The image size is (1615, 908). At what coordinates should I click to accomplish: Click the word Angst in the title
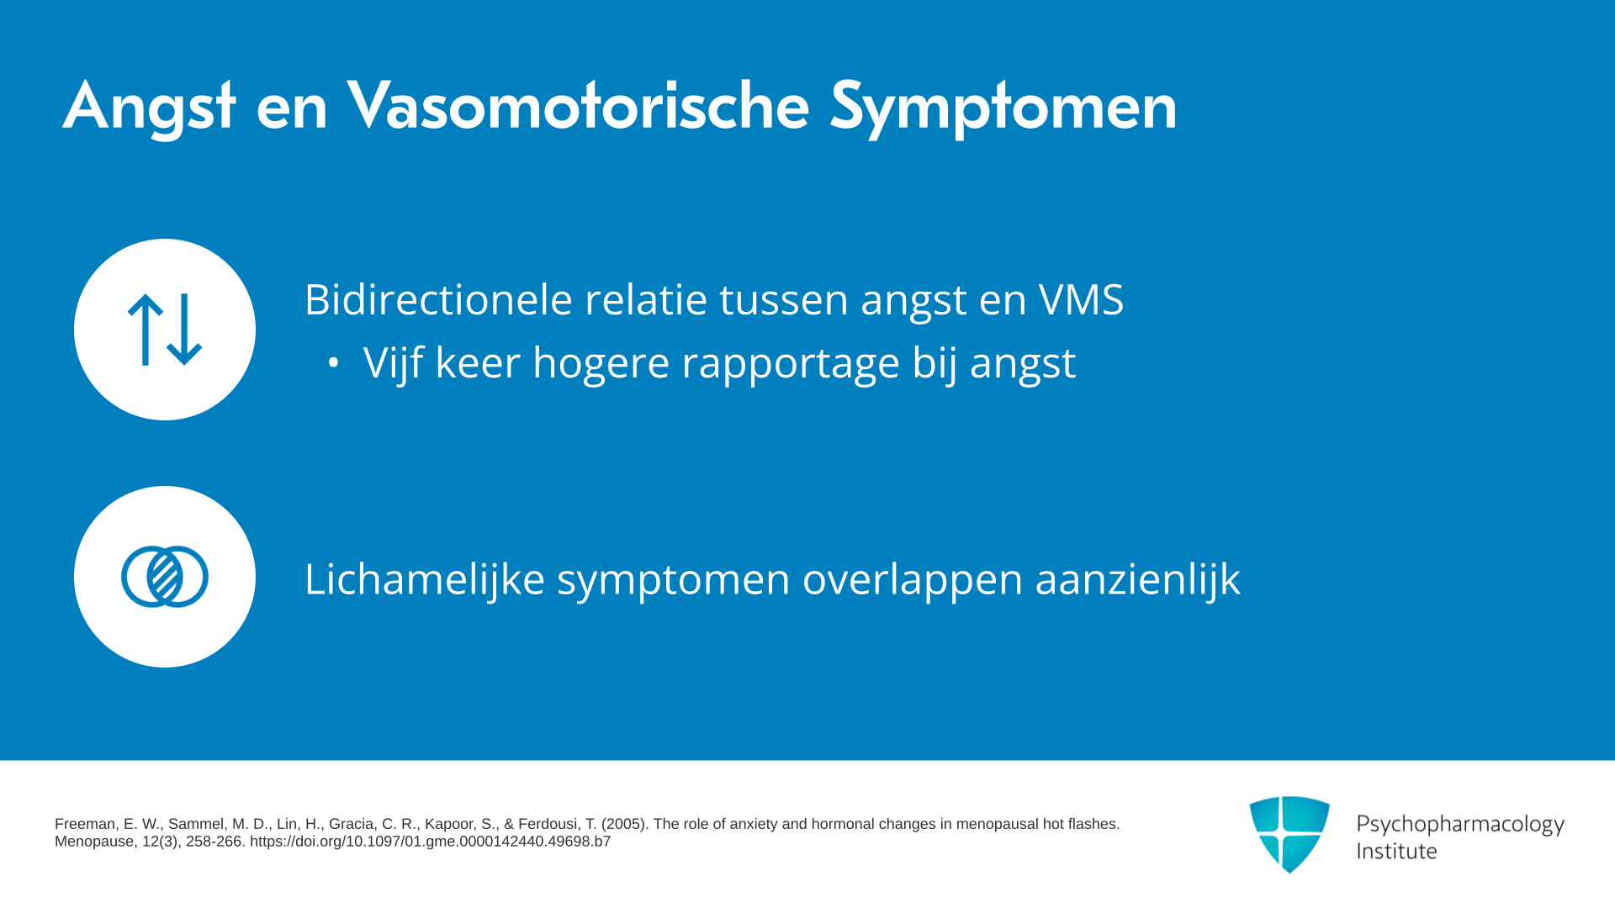(149, 108)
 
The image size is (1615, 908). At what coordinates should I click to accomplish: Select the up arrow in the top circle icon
(146, 330)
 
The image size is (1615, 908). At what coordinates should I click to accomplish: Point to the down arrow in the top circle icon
(184, 330)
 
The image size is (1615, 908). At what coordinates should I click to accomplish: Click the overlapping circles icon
(165, 577)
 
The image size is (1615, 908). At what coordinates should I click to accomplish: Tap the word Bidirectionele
(438, 299)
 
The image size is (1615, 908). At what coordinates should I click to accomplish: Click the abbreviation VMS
(1081, 299)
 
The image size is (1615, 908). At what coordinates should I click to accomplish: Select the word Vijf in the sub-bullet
(393, 363)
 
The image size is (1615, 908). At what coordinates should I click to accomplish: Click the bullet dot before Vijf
(333, 363)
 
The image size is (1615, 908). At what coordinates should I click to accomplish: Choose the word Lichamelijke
(425, 579)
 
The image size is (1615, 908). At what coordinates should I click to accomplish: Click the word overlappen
(913, 581)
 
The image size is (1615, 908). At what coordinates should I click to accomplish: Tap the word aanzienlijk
(1137, 579)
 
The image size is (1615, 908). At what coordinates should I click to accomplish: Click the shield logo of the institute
(1289, 834)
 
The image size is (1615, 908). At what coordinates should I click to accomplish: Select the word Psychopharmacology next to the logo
(1460, 825)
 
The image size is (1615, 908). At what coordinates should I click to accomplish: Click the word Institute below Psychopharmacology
(1396, 852)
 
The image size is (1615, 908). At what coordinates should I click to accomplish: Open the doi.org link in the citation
(430, 842)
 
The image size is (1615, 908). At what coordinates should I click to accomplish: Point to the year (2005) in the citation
(623, 824)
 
